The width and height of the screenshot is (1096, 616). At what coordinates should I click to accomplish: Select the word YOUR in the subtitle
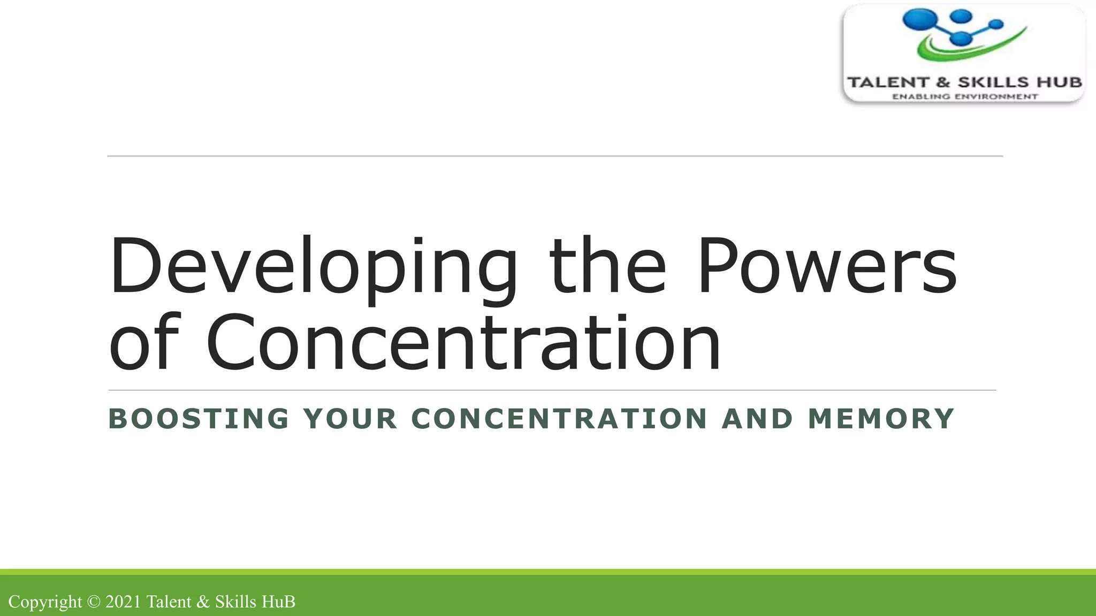351,419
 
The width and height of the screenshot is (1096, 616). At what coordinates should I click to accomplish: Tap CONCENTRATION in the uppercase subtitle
559,419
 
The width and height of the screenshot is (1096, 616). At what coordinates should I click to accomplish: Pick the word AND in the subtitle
757,419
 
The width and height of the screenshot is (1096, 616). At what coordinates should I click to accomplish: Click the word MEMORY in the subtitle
881,419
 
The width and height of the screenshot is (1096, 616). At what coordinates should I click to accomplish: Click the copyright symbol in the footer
94,602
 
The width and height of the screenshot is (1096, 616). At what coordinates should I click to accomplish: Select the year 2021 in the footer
123,602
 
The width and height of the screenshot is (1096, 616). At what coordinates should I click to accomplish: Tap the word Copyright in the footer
45,602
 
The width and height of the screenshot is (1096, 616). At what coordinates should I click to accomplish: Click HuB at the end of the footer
278,602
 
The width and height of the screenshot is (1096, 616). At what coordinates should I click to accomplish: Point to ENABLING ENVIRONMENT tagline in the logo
964,97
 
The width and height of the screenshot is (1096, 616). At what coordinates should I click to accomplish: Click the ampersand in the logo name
943,82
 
